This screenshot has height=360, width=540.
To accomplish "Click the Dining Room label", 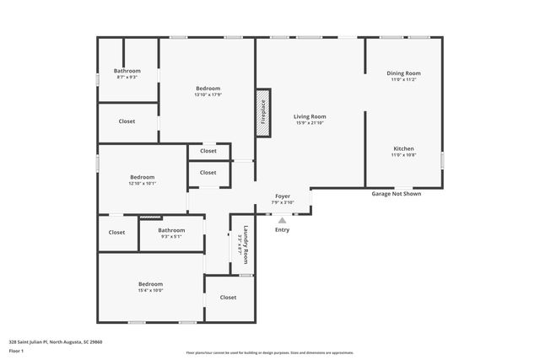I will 403,73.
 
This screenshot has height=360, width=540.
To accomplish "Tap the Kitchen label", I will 403,148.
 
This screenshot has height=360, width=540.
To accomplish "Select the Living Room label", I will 310,116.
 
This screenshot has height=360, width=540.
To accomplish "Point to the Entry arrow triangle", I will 282,221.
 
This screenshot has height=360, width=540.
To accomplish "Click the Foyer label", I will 283,196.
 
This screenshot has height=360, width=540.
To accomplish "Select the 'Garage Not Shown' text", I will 396,194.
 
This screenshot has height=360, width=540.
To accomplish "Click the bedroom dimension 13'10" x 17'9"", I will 208,94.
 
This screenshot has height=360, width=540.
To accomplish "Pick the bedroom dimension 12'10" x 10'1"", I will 142,183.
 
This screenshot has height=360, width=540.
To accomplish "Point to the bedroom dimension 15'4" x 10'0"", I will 150,290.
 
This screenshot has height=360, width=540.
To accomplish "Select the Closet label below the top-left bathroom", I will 127,121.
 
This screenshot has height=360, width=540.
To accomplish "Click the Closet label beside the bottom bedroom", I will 228,298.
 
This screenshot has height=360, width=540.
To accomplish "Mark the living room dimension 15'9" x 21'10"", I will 310,123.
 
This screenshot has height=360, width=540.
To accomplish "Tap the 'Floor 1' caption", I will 16,350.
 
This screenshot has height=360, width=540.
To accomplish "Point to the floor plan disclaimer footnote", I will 269,352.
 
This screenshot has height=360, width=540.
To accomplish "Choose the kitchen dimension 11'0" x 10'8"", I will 403,154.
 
